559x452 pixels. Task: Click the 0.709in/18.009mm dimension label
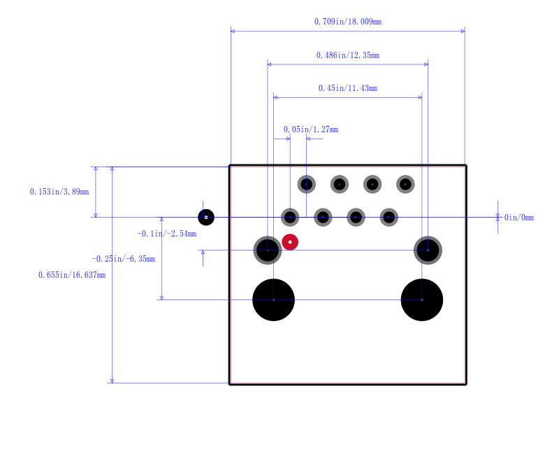(347, 22)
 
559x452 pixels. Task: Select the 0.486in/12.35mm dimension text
(347, 55)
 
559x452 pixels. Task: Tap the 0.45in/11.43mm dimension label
(347, 88)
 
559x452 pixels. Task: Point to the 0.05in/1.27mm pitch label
(310, 129)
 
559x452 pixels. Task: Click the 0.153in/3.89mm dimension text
(59, 192)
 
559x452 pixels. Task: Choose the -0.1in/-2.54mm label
(167, 234)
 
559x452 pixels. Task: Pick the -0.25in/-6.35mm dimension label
(124, 259)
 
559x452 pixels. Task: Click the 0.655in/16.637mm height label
(72, 275)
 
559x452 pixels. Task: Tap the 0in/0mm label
(519, 218)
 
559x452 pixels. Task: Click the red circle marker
(290, 242)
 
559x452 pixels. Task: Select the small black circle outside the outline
(206, 217)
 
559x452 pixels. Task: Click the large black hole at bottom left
(273, 300)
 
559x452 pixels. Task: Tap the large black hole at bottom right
(422, 300)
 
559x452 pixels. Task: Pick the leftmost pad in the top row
(306, 184)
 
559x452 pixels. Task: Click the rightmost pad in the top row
(405, 184)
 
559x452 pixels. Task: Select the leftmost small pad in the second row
(290, 217)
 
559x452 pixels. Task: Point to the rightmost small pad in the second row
(389, 217)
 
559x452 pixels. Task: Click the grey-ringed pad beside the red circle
(268, 250)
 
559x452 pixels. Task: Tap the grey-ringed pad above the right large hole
(428, 250)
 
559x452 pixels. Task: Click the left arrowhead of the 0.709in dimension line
(233, 31)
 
